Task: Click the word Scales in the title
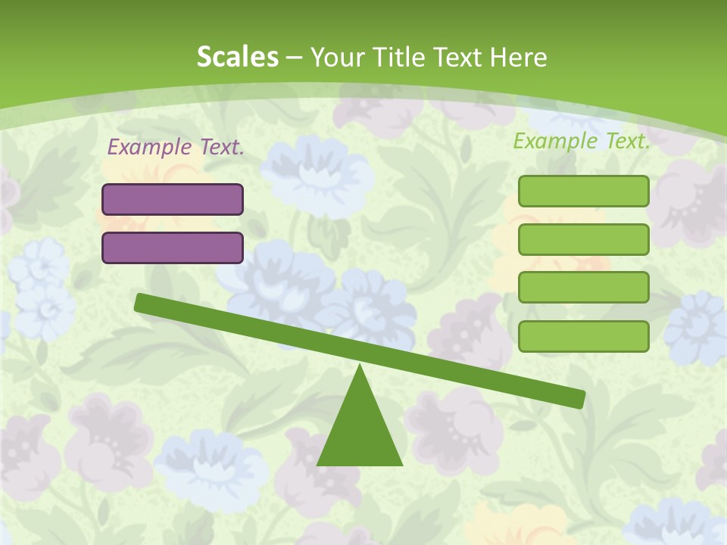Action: click(237, 58)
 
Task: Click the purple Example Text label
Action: click(176, 148)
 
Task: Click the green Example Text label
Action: click(582, 141)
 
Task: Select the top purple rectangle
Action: click(173, 199)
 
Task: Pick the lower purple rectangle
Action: click(173, 248)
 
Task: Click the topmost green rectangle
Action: click(583, 191)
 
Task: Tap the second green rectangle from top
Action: click(583, 239)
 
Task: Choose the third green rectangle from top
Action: click(583, 288)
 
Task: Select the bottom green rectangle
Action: click(583, 336)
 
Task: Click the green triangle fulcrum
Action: click(360, 431)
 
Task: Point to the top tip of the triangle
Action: click(360, 367)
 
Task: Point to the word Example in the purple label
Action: click(149, 148)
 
